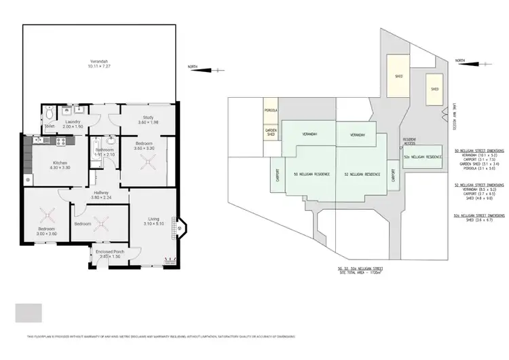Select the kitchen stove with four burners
tap(59, 141)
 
